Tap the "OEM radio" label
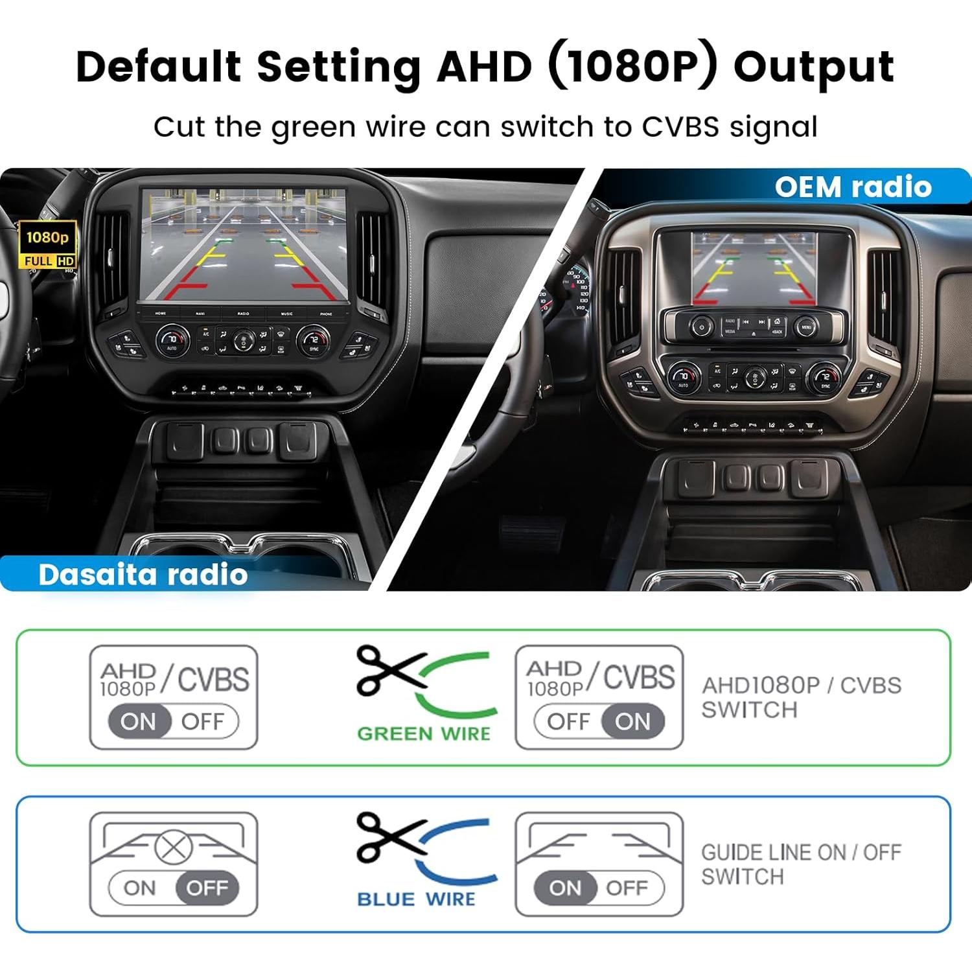click(x=853, y=187)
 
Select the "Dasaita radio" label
click(x=143, y=575)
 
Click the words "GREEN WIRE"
click(x=424, y=734)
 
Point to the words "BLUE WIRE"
click(x=416, y=899)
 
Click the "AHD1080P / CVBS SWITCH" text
click(x=801, y=697)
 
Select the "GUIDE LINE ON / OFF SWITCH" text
click(x=801, y=864)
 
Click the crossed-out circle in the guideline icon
click(x=174, y=846)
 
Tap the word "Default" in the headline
click(x=158, y=67)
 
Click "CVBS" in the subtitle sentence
click(x=680, y=127)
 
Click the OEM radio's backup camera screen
click(x=753, y=268)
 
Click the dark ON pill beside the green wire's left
click(x=139, y=721)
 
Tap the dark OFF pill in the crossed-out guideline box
click(x=207, y=888)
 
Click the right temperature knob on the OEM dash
click(x=825, y=377)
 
